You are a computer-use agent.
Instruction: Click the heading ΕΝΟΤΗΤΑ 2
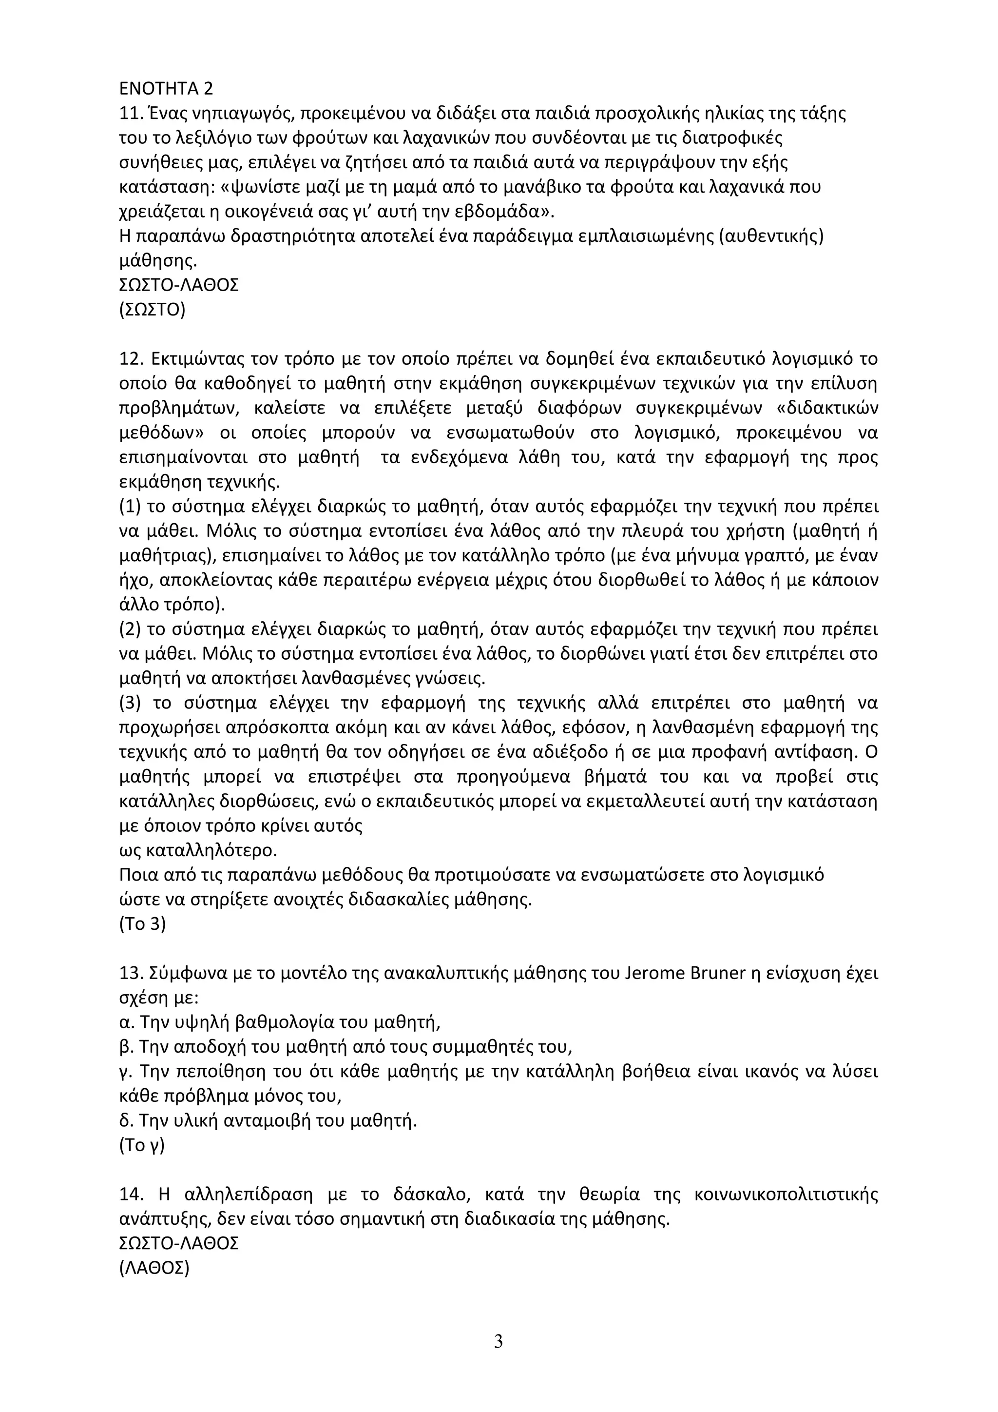click(x=166, y=89)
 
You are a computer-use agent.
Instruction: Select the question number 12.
click(x=130, y=358)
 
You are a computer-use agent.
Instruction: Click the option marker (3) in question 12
click(x=130, y=703)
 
